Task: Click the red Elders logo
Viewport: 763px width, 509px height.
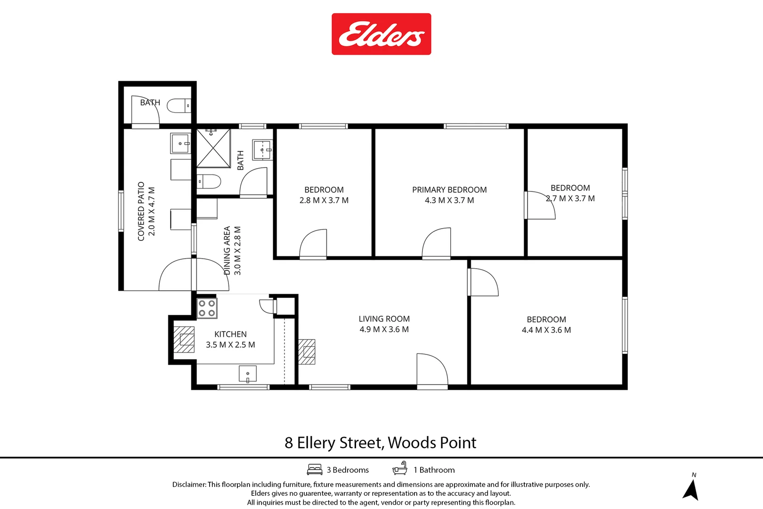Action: [x=381, y=34]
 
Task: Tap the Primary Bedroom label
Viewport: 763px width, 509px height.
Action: [x=449, y=189]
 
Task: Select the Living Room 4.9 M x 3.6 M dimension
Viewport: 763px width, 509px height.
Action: [x=384, y=329]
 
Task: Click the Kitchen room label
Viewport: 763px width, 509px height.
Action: [x=230, y=334]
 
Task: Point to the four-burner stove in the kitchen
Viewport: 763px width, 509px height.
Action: [x=207, y=308]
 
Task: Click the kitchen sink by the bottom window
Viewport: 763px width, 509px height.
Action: [x=248, y=374]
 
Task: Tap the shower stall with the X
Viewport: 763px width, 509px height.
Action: [x=213, y=148]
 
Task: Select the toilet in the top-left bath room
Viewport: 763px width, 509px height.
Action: [x=179, y=106]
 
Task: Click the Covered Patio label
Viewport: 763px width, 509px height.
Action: [x=141, y=211]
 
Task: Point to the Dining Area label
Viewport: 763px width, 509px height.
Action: [x=227, y=250]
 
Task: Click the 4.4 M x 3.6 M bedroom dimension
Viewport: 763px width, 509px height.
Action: [x=546, y=330]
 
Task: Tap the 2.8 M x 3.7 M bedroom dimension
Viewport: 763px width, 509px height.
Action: [x=324, y=200]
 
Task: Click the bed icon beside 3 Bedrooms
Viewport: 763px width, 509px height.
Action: [x=315, y=469]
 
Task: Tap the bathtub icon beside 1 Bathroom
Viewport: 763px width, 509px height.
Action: [x=400, y=468]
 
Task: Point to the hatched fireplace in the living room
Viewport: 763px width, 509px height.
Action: [x=307, y=352]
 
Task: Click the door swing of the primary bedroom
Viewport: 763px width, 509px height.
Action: [x=436, y=242]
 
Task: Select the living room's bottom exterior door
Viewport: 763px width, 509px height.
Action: [x=432, y=371]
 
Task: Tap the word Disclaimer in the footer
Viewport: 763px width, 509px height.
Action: [x=189, y=484]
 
